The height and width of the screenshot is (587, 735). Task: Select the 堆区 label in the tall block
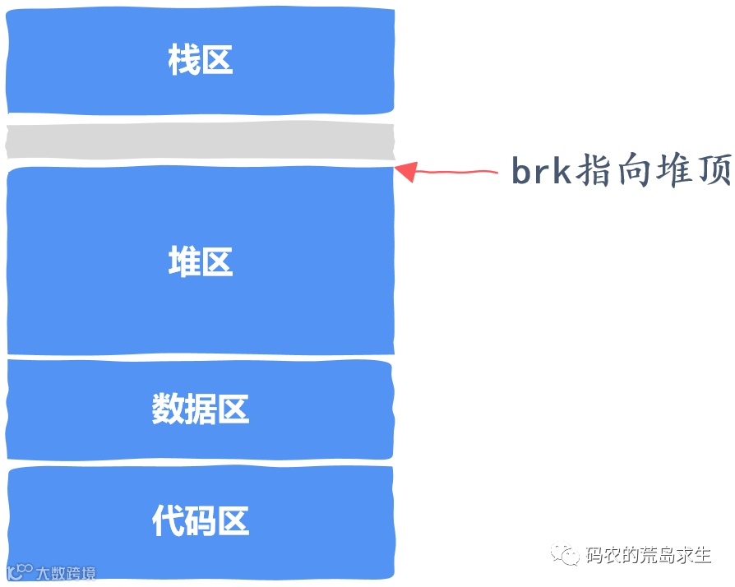pos(200,262)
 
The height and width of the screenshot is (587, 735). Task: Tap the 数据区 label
pos(200,409)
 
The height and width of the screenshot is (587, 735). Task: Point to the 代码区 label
pos(200,521)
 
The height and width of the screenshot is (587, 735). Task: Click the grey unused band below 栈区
pos(200,141)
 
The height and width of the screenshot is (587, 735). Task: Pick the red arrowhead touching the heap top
pos(406,170)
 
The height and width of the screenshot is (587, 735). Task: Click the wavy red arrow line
pos(460,172)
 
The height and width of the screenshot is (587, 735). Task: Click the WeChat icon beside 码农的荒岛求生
pos(566,555)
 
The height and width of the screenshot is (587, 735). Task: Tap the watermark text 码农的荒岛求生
pos(649,556)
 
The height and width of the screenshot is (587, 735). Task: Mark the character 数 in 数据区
pos(167,409)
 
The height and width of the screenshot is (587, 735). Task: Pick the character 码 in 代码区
pos(200,521)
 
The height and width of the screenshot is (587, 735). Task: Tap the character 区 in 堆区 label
pos(217,262)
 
